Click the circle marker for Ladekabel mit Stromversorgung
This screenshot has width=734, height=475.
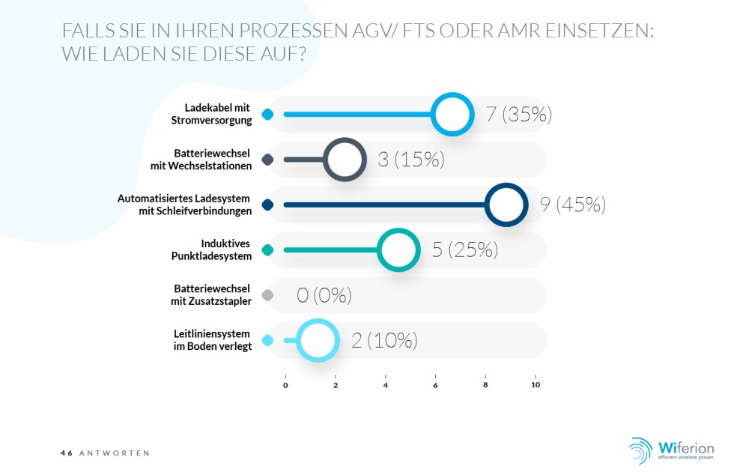[x=452, y=115]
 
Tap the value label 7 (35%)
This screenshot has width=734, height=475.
[x=518, y=115]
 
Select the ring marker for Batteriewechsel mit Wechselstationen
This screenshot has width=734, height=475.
[x=344, y=160]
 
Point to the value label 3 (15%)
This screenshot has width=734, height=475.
[x=411, y=160]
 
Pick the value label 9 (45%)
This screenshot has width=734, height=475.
[x=573, y=205]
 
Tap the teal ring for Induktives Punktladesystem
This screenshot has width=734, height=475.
[x=397, y=250]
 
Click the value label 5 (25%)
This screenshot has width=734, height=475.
[x=464, y=250]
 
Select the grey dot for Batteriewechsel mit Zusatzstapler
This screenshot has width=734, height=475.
[x=268, y=295]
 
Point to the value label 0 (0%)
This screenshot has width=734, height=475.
[x=324, y=296]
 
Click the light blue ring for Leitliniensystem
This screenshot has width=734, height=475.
[x=318, y=340]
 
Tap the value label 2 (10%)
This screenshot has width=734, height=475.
[x=384, y=341]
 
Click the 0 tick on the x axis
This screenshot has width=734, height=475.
[x=285, y=385]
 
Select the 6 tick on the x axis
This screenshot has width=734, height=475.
[x=435, y=385]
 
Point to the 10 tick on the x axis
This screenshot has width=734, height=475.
[x=535, y=385]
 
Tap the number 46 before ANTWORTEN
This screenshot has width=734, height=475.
[x=67, y=453]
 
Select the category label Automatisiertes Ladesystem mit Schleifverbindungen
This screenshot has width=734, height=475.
[x=184, y=205]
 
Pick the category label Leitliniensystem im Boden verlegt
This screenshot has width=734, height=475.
[x=212, y=340]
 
